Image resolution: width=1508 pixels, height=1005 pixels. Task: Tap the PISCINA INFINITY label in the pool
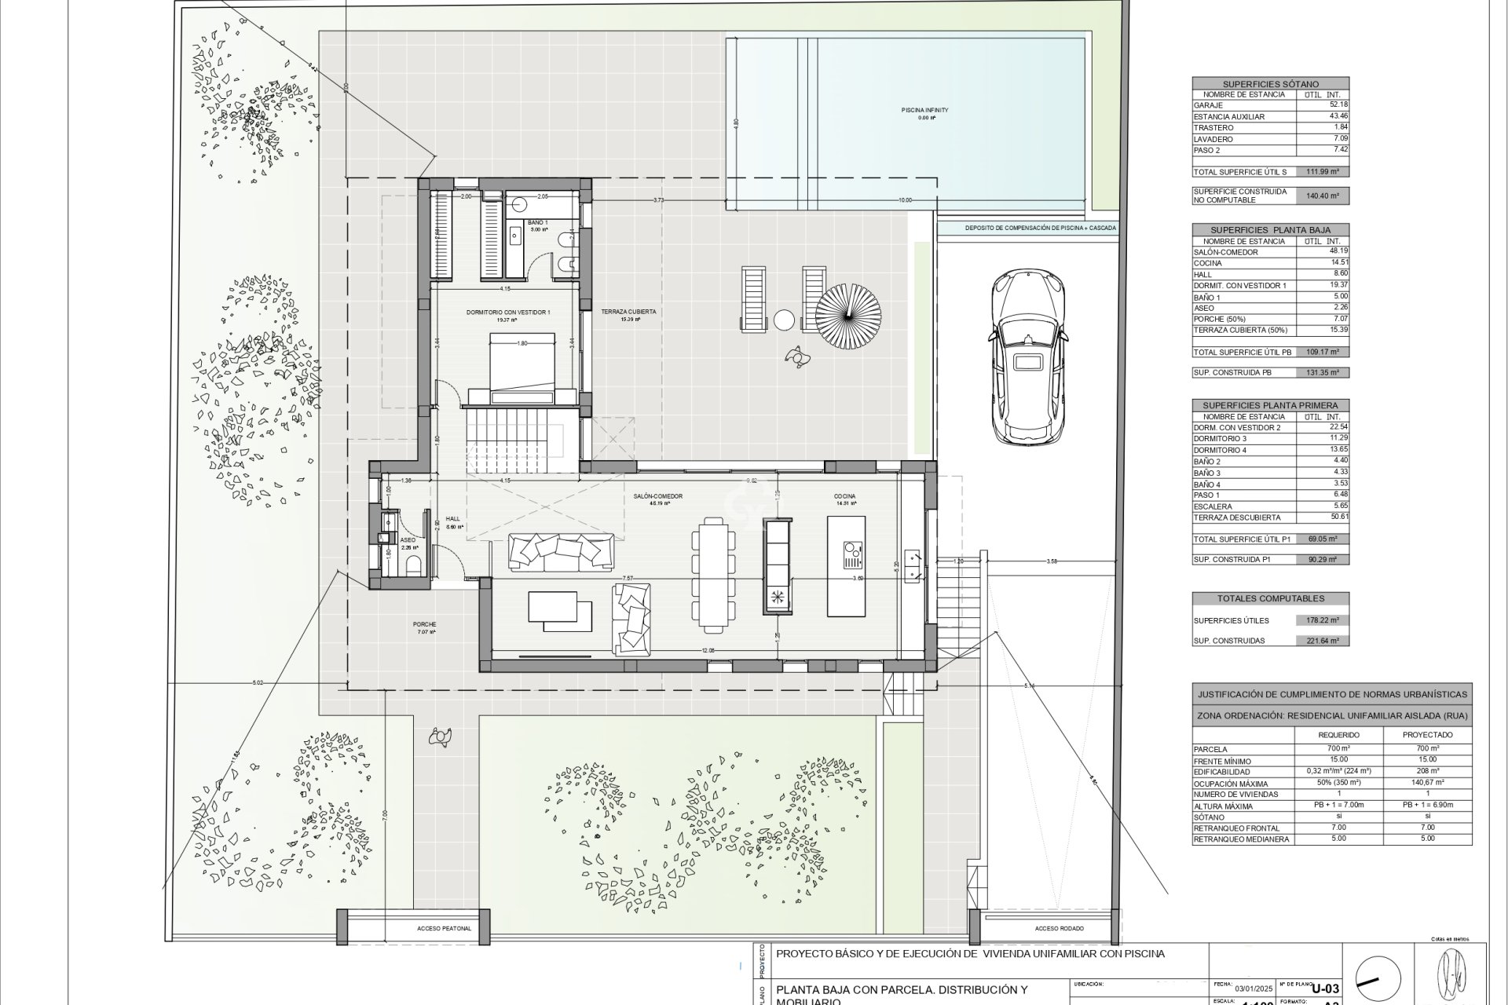click(x=924, y=111)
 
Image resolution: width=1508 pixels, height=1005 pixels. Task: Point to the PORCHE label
click(x=424, y=625)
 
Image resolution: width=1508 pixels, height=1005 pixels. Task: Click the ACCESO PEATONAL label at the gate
click(x=445, y=929)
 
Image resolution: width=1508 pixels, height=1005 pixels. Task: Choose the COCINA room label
click(x=845, y=496)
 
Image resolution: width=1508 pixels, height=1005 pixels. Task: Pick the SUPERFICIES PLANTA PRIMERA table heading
click(x=1270, y=405)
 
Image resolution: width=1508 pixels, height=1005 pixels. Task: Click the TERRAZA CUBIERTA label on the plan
click(x=628, y=312)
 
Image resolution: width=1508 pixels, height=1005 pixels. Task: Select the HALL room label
click(x=453, y=518)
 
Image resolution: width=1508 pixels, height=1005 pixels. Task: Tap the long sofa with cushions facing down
click(x=562, y=550)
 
